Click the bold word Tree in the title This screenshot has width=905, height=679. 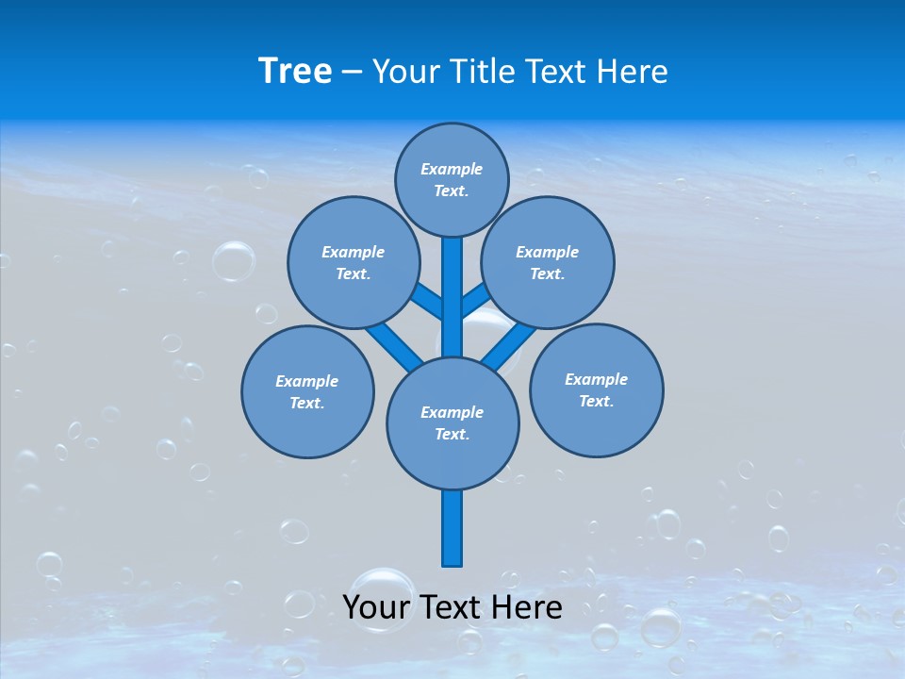tap(295, 71)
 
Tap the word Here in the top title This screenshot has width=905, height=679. tap(631, 71)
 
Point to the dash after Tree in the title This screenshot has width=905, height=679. tap(352, 73)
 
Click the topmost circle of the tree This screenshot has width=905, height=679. tap(452, 179)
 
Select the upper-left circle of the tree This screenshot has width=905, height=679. tap(354, 262)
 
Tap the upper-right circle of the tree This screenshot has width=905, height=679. tap(548, 262)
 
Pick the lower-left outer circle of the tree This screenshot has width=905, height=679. tap(307, 391)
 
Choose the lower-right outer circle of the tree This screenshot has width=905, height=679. tap(597, 389)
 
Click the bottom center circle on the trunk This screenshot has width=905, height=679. tap(452, 423)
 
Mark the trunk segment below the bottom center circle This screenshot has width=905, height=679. tap(452, 528)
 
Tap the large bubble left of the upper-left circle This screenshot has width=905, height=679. tap(233, 261)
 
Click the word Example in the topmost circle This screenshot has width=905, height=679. tap(452, 169)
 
